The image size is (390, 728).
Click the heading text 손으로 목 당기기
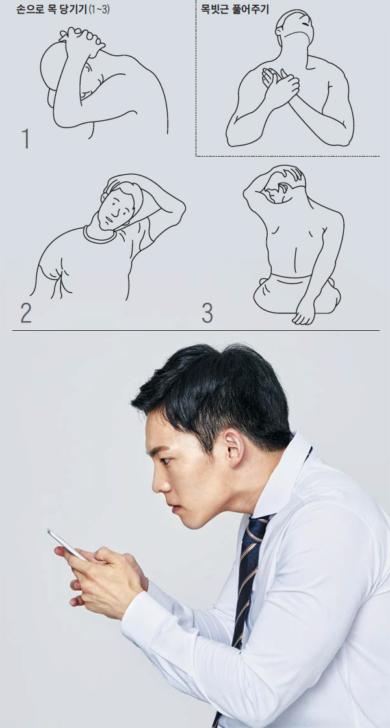point(51,9)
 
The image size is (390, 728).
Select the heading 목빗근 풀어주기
point(235,9)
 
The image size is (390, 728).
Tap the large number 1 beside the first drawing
point(25,139)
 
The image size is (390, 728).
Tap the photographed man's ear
point(233,448)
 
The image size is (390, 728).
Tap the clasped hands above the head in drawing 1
point(81,38)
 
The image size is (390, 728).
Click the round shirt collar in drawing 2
point(100,235)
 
